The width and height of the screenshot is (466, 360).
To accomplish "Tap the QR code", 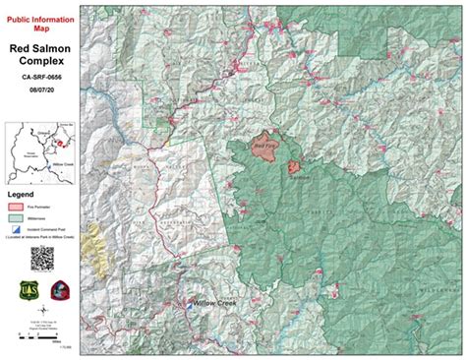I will coord(42,259).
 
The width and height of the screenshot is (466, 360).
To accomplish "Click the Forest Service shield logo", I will coord(28,292).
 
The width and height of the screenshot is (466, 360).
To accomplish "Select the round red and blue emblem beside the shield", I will coord(56,292).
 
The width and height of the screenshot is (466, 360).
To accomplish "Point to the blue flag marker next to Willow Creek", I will coord(189,305).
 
